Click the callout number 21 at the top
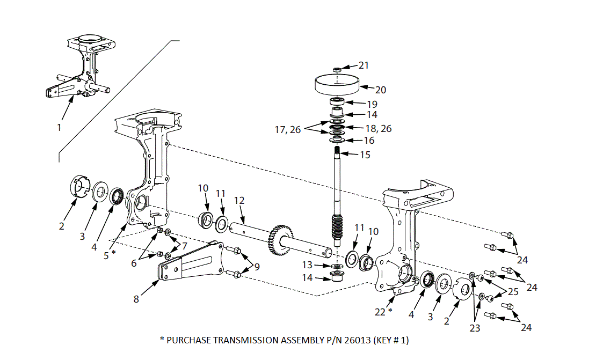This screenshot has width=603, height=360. coord(364,65)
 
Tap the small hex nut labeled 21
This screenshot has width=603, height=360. coord(336,69)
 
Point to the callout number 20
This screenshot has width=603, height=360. coord(381,90)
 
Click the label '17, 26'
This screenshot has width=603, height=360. coord(289,129)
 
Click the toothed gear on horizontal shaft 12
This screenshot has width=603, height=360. coord(282,236)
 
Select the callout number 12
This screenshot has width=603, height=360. coord(239,200)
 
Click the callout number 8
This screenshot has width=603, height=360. coord(136,299)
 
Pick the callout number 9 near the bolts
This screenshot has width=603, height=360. coord(257,266)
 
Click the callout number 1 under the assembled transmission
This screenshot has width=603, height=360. coord(59,128)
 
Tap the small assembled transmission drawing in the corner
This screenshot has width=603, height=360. coord(84,67)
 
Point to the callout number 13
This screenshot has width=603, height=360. coord(307,265)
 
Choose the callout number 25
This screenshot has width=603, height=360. coord(513,291)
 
